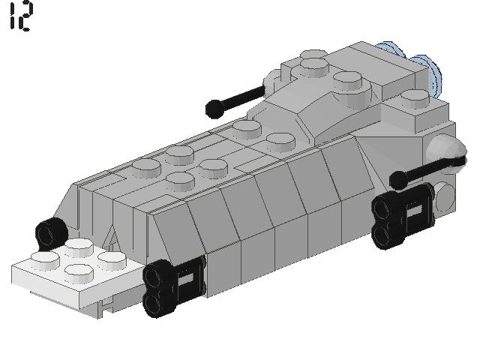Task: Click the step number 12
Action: click(20, 16)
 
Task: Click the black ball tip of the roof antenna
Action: click(213, 109)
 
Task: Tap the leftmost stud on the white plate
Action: click(46, 260)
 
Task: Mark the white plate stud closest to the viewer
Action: click(78, 271)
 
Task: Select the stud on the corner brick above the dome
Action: click(414, 98)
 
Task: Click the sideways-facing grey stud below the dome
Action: click(444, 194)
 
